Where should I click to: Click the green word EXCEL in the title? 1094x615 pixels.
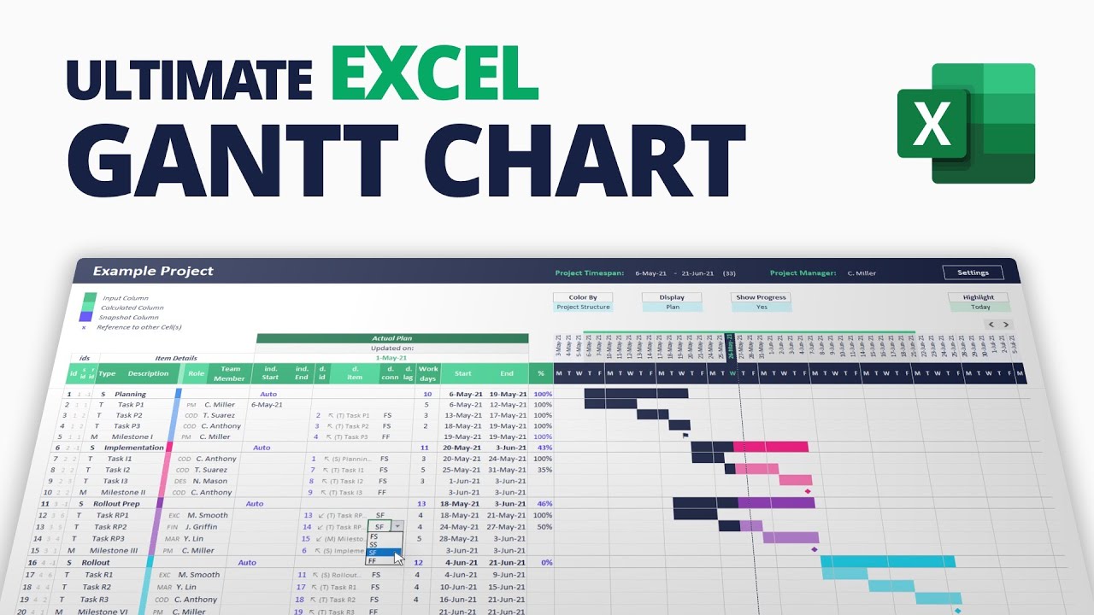point(434,74)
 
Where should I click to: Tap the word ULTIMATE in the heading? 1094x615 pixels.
point(189,79)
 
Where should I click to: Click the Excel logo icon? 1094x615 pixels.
point(966,123)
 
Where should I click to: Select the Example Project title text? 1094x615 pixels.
point(153,272)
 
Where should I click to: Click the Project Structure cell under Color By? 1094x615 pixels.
point(583,307)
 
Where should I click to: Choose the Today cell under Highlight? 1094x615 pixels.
point(979,307)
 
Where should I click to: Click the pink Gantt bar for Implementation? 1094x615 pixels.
point(770,447)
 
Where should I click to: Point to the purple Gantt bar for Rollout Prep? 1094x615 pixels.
point(776,503)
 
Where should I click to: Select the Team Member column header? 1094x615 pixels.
point(228,373)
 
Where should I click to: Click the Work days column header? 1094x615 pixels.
point(427,373)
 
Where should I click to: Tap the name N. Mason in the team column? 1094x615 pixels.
point(209,481)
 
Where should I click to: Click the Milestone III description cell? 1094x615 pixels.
point(114,551)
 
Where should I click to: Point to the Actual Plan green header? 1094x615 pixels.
point(391,338)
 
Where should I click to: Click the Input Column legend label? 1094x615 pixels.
point(125,298)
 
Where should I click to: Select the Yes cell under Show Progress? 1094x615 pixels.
point(761,307)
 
